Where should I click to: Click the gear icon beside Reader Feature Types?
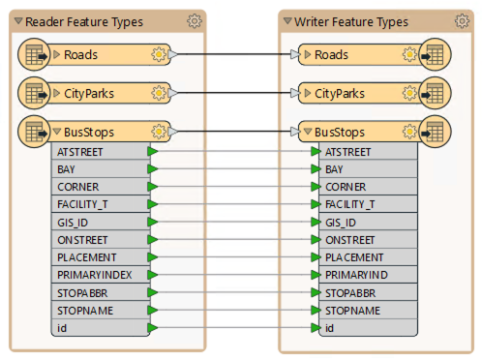coord(194,20)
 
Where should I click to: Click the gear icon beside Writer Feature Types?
coord(460,20)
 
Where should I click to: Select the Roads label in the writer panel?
coord(332,54)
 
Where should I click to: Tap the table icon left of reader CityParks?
coord(34,93)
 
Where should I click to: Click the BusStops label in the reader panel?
coord(89,132)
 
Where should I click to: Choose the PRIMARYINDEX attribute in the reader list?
coord(91,275)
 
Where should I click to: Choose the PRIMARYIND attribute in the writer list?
coord(355,275)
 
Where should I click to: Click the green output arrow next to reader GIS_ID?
coord(152,222)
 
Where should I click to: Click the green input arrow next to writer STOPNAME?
coord(316,311)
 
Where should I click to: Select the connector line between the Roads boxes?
coord(232,54)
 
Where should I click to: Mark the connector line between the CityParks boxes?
coord(232,93)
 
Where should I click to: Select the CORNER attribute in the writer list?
coord(346,187)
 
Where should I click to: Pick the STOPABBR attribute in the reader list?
coord(81,292)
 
